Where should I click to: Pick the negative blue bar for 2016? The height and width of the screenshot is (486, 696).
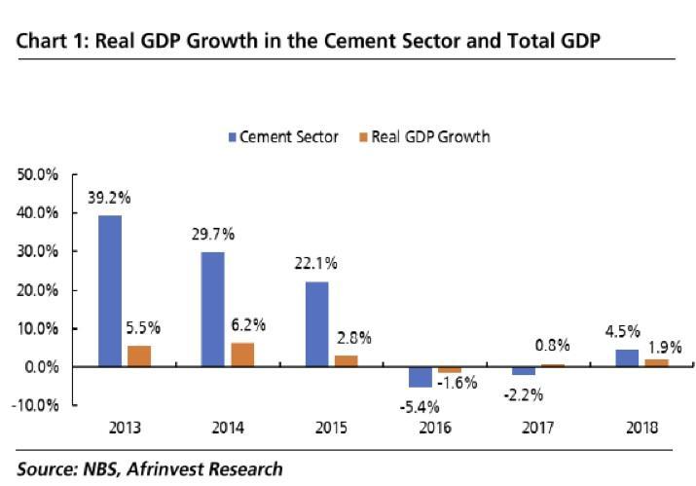pyautogui.click(x=420, y=377)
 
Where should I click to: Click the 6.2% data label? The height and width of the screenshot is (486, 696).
pyautogui.click(x=248, y=324)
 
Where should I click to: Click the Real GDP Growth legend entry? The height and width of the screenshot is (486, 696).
pyautogui.click(x=424, y=137)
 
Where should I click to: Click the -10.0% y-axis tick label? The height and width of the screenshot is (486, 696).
pyautogui.click(x=36, y=405)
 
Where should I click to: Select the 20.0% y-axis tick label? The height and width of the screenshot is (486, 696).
pyautogui.click(x=38, y=290)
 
